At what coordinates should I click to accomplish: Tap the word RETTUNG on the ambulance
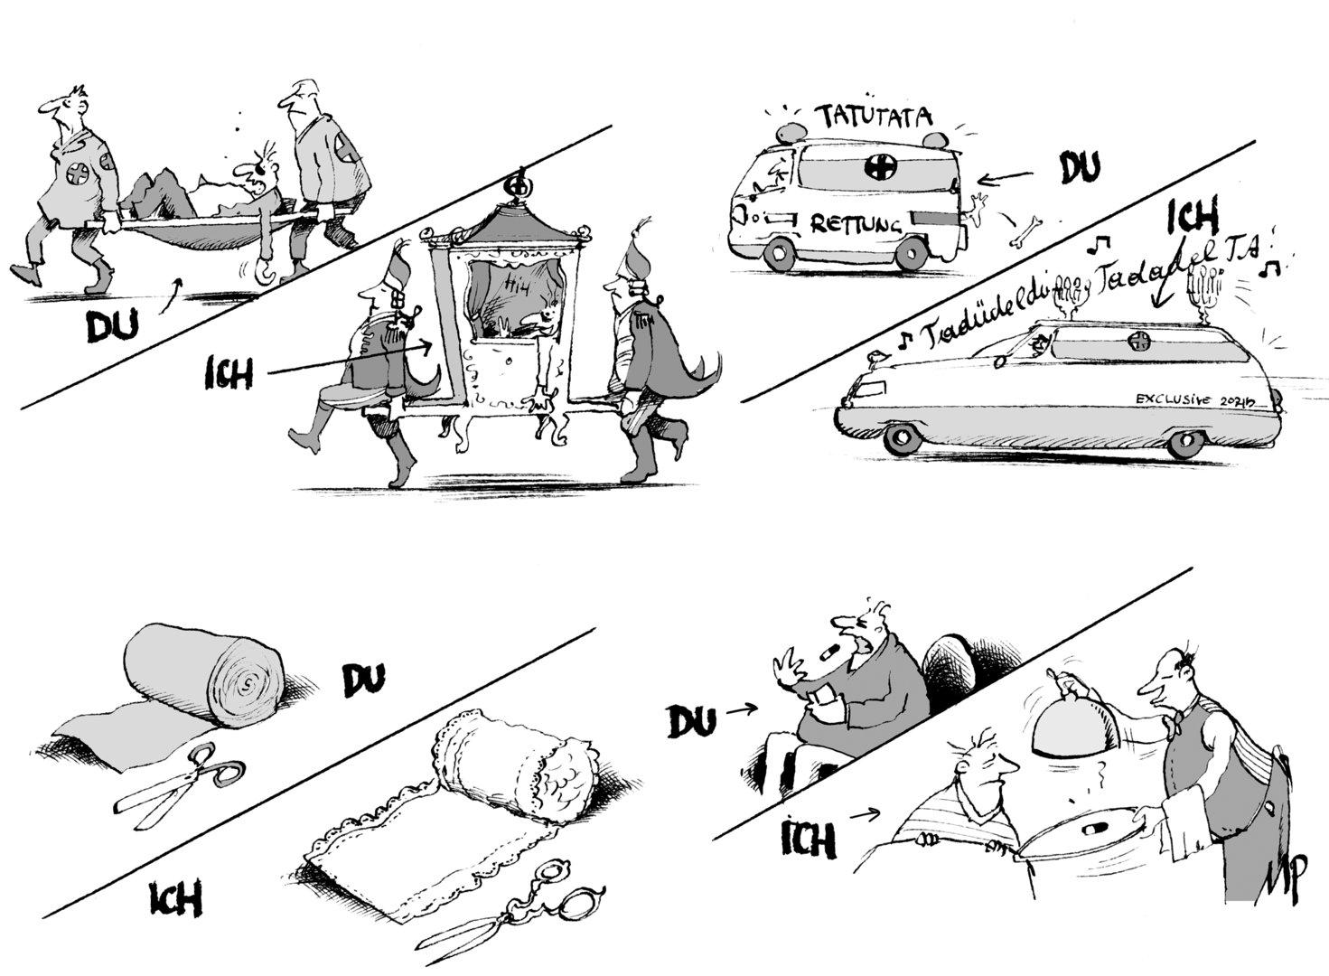click(x=856, y=223)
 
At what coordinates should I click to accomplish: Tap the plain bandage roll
click(x=206, y=676)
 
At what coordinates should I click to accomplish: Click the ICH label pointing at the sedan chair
click(x=228, y=371)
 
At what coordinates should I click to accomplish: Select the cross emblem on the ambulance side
click(x=875, y=166)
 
